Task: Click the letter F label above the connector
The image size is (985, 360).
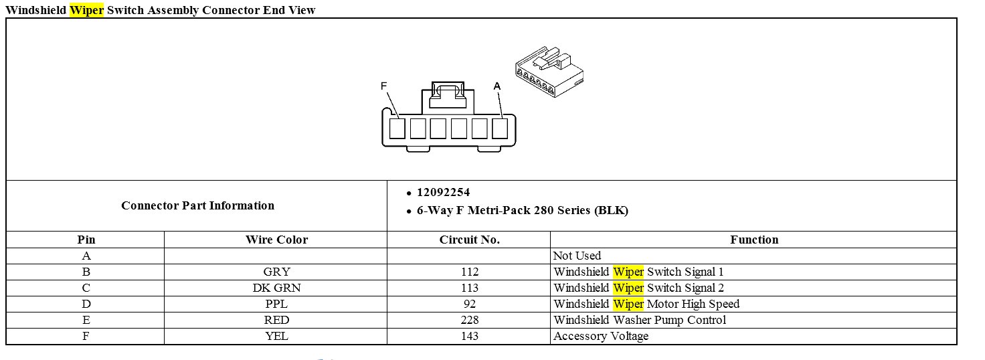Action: pyautogui.click(x=384, y=86)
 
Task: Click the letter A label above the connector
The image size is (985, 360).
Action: pyautogui.click(x=497, y=86)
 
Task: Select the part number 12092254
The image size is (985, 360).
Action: pyautogui.click(x=443, y=193)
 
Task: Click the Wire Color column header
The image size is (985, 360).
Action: pyautogui.click(x=276, y=240)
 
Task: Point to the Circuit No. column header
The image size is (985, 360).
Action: pyautogui.click(x=469, y=240)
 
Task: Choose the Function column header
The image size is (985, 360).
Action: pyautogui.click(x=754, y=240)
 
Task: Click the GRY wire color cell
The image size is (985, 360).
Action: pyautogui.click(x=276, y=272)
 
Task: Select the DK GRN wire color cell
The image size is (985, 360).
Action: pyautogui.click(x=276, y=288)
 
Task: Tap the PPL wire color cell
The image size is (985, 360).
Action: pyautogui.click(x=276, y=304)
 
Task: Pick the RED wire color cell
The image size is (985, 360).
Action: pyautogui.click(x=276, y=320)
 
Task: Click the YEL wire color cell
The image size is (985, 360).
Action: pyautogui.click(x=276, y=336)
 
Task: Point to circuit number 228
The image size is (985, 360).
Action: pyautogui.click(x=469, y=320)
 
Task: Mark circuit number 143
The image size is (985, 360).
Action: pyautogui.click(x=469, y=336)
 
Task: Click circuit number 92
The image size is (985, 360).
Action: pyautogui.click(x=469, y=304)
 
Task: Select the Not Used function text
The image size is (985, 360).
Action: pyautogui.click(x=577, y=256)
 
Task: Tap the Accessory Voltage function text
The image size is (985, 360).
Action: pyautogui.click(x=601, y=336)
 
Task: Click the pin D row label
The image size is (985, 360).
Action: pyautogui.click(x=86, y=304)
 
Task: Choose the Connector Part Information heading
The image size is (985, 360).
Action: pyautogui.click(x=197, y=205)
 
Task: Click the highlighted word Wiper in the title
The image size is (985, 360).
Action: pyautogui.click(x=86, y=10)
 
